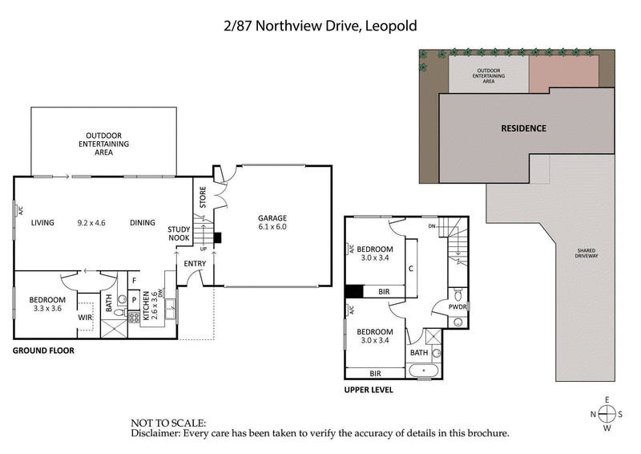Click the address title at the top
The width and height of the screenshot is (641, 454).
point(320,26)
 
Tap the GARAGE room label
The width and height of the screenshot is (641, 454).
point(272,218)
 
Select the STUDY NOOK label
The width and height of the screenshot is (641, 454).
point(179,233)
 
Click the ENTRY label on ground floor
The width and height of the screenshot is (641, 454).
point(195,263)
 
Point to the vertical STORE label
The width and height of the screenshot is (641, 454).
point(203,197)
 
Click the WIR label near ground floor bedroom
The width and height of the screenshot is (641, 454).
point(86,318)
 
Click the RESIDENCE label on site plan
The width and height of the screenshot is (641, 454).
point(523,128)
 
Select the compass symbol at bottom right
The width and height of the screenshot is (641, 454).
point(607,414)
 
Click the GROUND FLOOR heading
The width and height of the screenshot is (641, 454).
point(44,351)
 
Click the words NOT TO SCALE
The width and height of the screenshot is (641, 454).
point(168,422)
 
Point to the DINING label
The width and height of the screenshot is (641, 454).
point(142,223)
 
